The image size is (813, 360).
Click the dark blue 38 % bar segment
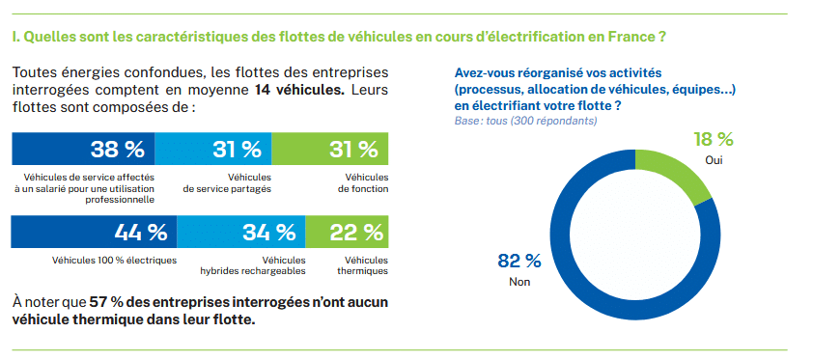tap(82, 150)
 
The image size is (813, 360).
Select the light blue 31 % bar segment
tap(212, 150)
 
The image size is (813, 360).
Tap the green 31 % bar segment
tap(330, 150)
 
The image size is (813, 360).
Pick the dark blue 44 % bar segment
tap(95, 233)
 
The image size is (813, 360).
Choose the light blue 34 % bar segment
tap(241, 233)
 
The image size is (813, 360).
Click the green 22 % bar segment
tap(347, 233)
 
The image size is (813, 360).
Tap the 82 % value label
tap(519, 261)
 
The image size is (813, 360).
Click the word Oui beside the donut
tap(714, 160)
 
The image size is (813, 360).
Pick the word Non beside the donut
tap(519, 282)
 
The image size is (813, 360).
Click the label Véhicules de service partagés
tap(227, 182)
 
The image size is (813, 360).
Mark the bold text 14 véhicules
tap(298, 91)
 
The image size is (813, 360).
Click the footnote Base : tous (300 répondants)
tap(525, 121)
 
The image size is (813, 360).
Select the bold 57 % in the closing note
tap(104, 302)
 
